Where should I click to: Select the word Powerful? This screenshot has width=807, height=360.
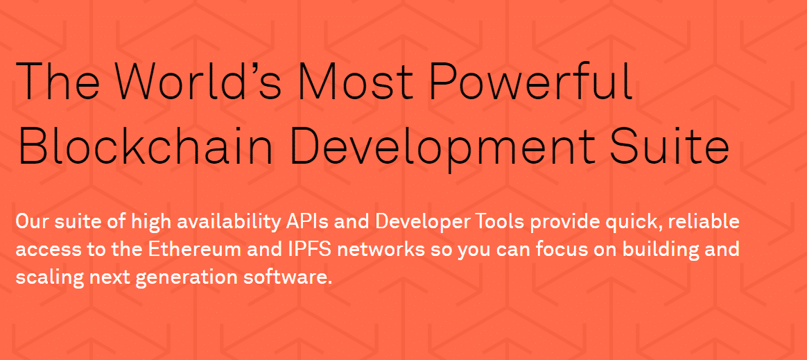coord(530,81)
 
